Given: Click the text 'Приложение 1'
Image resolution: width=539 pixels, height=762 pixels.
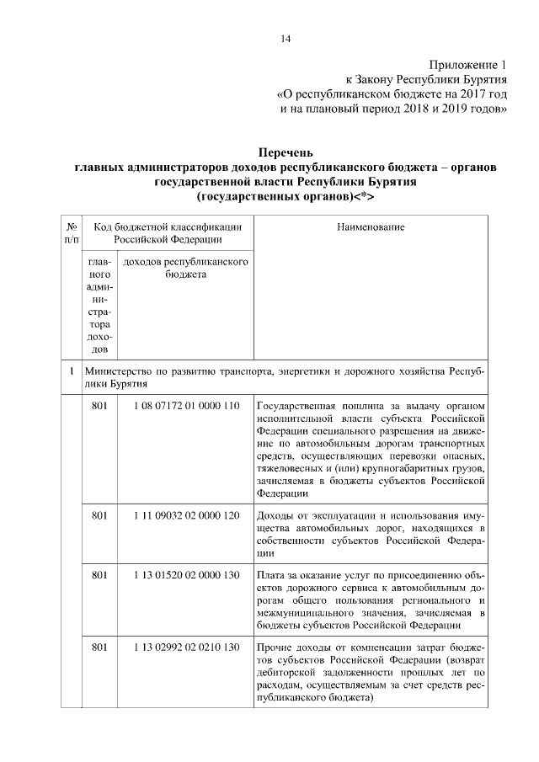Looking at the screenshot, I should [x=469, y=65].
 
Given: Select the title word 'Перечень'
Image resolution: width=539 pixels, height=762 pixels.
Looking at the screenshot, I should [x=286, y=154].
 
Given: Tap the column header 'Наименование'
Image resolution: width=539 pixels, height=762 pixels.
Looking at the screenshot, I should [x=371, y=227].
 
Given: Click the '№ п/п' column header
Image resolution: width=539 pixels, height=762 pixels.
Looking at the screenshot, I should [x=72, y=233].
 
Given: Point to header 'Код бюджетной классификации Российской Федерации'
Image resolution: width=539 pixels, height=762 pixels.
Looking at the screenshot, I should [x=168, y=233].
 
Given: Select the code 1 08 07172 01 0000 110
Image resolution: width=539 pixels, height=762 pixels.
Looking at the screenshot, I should [x=186, y=408].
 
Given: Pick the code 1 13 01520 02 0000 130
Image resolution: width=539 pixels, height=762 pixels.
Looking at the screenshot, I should [x=186, y=576].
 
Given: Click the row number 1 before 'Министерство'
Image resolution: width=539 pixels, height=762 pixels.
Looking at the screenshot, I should [x=72, y=370].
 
